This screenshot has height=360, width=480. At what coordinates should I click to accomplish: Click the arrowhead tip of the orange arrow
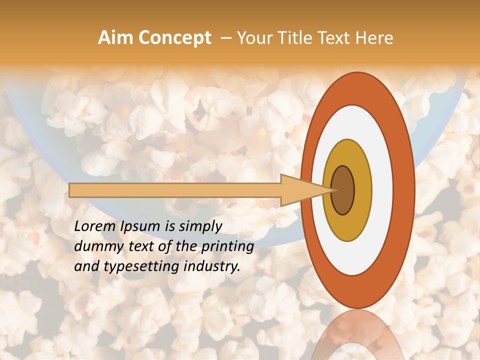332,190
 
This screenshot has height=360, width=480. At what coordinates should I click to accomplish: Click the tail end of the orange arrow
70,190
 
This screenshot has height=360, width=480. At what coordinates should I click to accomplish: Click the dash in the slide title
225,38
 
